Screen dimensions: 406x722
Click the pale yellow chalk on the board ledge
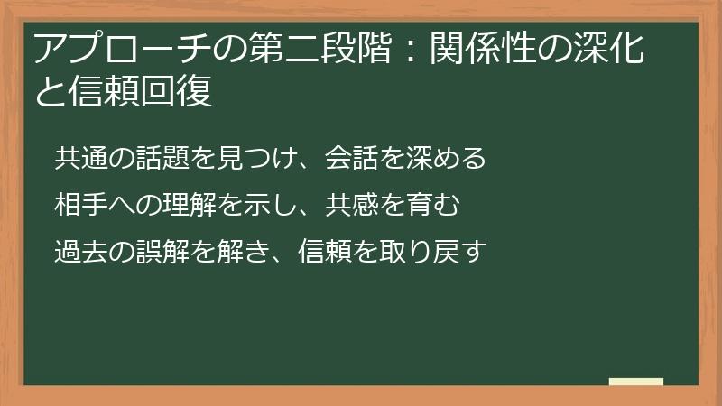coord(635,382)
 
